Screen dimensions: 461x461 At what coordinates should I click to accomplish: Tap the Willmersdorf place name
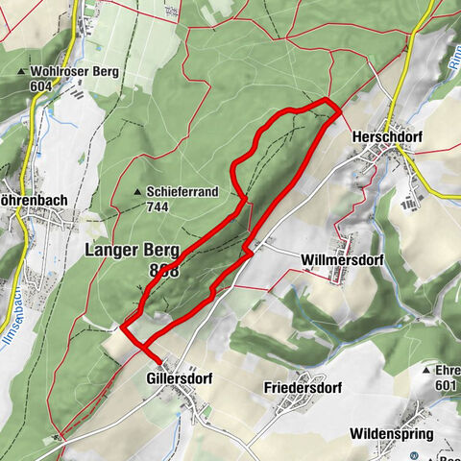(x=339, y=259)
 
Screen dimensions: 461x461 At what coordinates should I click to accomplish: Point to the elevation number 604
(x=40, y=85)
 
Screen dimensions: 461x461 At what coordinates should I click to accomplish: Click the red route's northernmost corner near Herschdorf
(x=327, y=100)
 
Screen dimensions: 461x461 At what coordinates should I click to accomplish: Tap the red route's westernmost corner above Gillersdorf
(x=123, y=328)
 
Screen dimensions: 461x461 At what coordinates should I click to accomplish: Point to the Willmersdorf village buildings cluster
(x=339, y=274)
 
